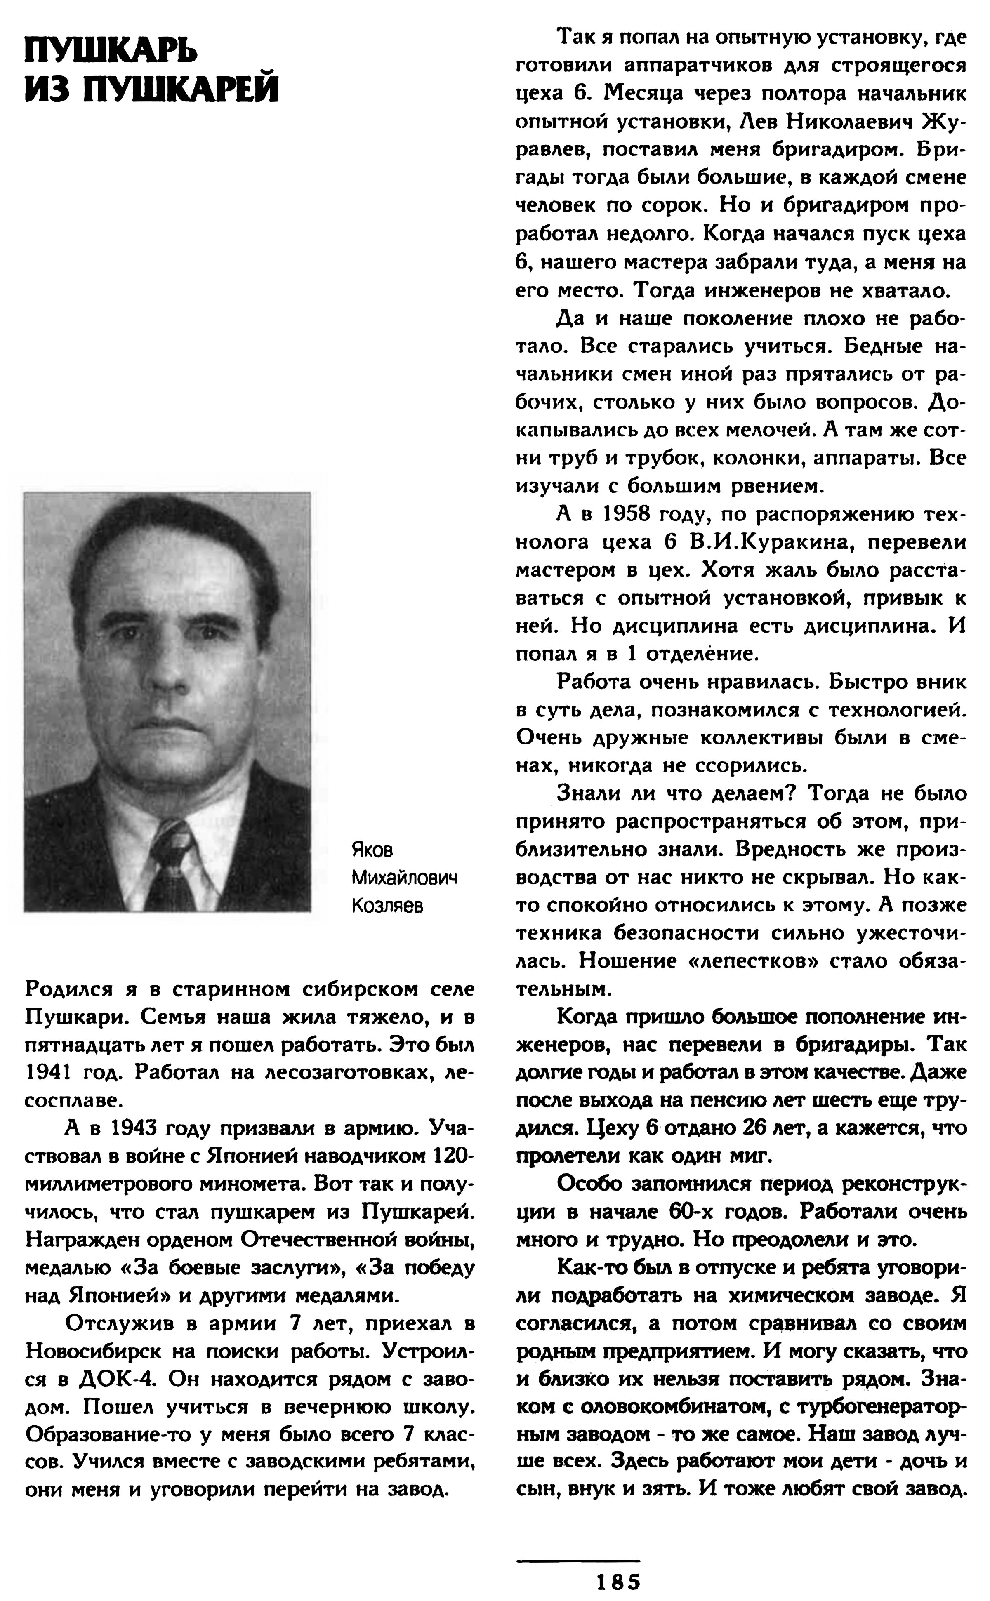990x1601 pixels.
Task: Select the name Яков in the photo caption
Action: (372, 850)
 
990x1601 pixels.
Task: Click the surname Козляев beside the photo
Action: (387, 906)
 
